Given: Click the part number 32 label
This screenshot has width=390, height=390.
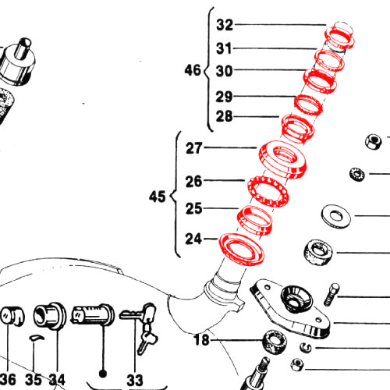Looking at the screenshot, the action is (x=225, y=25).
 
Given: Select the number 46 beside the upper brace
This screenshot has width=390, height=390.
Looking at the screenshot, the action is (x=193, y=70).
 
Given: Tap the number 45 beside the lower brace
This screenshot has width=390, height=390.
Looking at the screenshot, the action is (x=157, y=197).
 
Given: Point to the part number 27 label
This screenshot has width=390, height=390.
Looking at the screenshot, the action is (x=193, y=148).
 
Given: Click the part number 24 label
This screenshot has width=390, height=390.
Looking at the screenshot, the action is (x=193, y=239).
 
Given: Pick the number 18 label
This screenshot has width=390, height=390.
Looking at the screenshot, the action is (x=201, y=340).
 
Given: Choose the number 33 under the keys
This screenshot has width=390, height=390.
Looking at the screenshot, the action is (x=135, y=380).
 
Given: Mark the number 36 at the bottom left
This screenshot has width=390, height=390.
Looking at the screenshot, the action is (x=8, y=380).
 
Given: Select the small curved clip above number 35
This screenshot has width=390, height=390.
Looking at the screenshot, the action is (x=37, y=338).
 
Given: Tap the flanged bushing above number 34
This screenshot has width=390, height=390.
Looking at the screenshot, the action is (x=50, y=316).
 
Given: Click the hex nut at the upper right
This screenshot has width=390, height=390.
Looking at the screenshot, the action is (x=374, y=142).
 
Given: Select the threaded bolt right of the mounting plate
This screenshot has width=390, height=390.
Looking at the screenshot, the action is (x=331, y=294).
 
